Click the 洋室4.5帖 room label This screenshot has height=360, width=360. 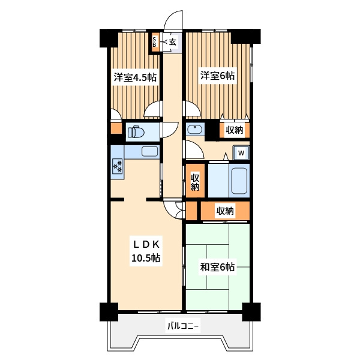(135, 77)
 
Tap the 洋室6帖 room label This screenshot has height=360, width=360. (217, 76)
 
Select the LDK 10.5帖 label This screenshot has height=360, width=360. (146, 251)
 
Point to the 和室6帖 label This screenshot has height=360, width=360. (217, 267)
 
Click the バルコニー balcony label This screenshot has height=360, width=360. (183, 326)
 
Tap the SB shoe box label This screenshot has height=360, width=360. (154, 42)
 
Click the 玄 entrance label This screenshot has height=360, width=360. (173, 42)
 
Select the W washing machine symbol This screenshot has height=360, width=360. (241, 152)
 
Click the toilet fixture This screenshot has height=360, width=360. (136, 132)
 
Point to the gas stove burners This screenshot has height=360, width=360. (118, 166)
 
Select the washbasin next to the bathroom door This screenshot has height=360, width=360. (195, 130)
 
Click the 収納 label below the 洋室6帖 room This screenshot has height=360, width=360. (235, 130)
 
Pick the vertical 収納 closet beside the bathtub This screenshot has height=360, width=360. (195, 181)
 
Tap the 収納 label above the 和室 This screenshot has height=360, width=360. (225, 211)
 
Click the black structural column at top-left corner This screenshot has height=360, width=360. (109, 38)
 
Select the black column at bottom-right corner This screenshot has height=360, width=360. (251, 311)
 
